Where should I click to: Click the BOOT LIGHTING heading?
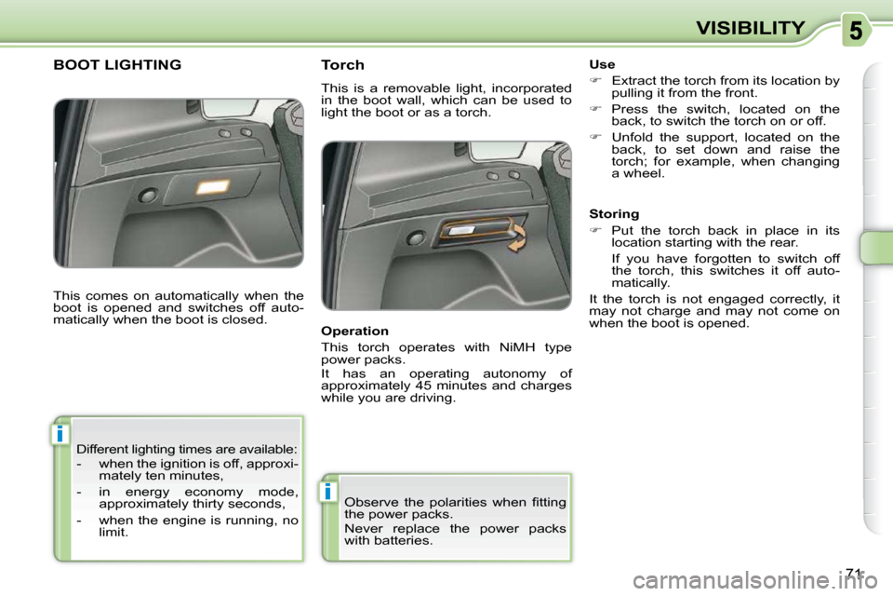pyautogui.click(x=117, y=65)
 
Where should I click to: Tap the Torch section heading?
pyautogui.click(x=342, y=65)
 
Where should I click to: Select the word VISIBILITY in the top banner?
pyautogui.click(x=751, y=28)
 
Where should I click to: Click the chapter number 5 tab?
pyautogui.click(x=856, y=30)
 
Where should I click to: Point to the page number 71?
pyautogui.click(x=853, y=574)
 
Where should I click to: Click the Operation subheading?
pyautogui.click(x=354, y=332)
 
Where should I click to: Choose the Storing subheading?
pyautogui.click(x=614, y=214)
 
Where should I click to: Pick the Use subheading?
pyautogui.click(x=602, y=64)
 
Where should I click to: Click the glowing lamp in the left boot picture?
pyautogui.click(x=212, y=186)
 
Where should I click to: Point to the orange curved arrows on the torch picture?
pyautogui.click(x=517, y=237)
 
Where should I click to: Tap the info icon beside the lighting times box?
pyautogui.click(x=60, y=434)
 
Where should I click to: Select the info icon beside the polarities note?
pyautogui.click(x=327, y=491)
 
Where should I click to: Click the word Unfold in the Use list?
pyautogui.click(x=631, y=138)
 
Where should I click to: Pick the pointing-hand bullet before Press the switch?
pyautogui.click(x=595, y=108)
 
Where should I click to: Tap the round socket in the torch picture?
pyautogui.click(x=416, y=237)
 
